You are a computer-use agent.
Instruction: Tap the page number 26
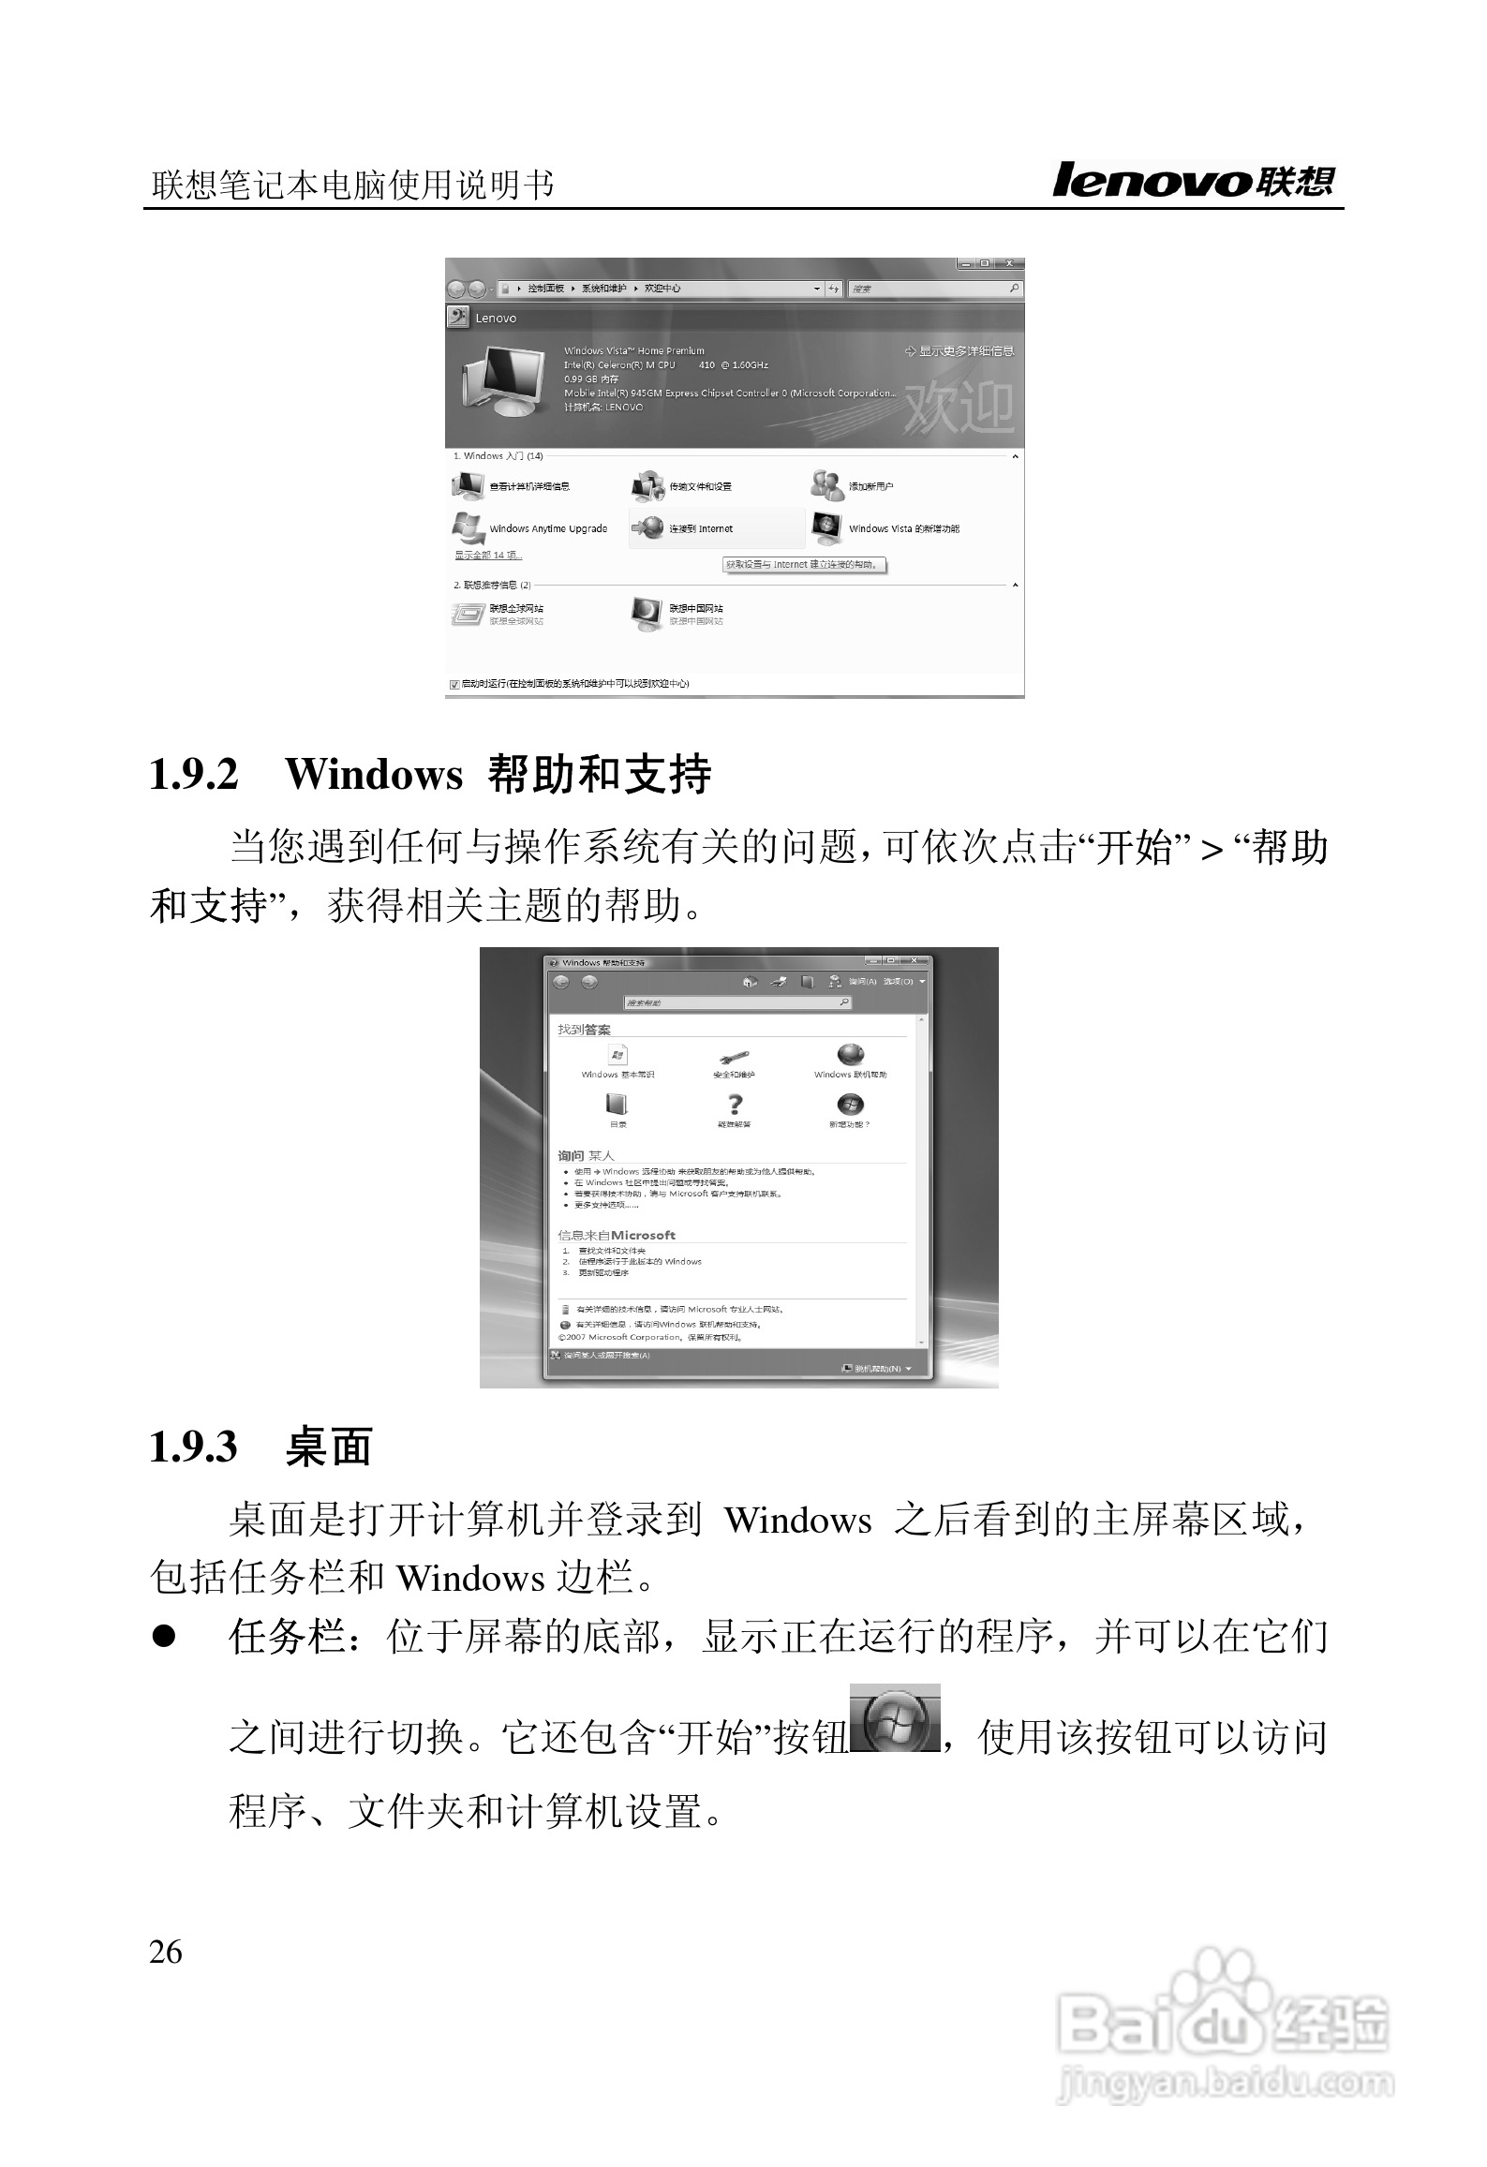166,1952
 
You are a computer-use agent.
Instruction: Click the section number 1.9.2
194,774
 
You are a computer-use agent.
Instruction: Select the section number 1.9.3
194,1446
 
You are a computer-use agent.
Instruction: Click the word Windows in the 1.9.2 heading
374,774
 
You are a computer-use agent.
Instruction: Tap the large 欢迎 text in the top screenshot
959,407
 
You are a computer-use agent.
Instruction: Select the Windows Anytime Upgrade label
548,529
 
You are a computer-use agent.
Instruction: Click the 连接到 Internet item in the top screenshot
700,529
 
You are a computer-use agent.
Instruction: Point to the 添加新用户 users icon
827,485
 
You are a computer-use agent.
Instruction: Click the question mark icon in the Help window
736,1105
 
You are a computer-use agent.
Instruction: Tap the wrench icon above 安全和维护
734,1057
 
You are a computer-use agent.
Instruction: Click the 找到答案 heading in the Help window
584,1030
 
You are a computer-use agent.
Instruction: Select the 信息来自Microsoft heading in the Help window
617,1235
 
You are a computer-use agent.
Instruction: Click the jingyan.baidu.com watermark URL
1225,2084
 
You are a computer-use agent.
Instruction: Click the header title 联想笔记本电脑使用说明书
352,186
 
